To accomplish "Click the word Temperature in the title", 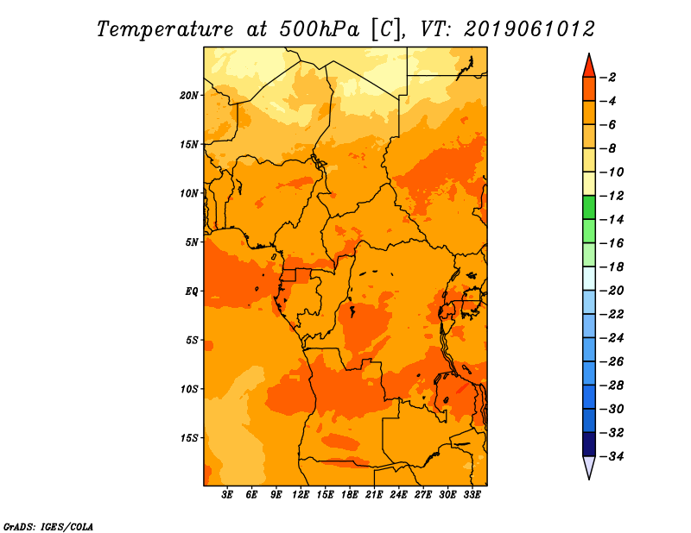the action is pos(165,29).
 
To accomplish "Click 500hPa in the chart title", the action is pos(320,29).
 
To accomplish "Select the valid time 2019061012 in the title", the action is pos(529,29).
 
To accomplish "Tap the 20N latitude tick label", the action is pos(189,96).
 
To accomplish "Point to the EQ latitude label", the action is pos(192,292).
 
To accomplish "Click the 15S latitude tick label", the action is pos(189,438).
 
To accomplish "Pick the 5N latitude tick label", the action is pos(192,242).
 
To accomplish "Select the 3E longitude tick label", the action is pos(227,495).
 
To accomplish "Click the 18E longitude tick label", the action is pos(350,495).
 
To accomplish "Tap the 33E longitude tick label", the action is pos(472,495).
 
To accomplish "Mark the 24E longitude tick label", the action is pos(398,495).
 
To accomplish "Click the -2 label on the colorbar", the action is pos(608,78).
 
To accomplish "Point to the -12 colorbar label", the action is pos(612,196).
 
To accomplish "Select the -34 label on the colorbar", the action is pos(612,456).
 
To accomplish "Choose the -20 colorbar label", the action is pos(612,291).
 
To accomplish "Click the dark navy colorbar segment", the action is pos(589,444).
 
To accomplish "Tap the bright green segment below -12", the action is pos(589,207).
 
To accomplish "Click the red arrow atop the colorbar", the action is pos(589,66).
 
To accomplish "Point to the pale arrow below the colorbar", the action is pos(589,467).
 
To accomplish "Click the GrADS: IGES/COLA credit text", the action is pos(48,527).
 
